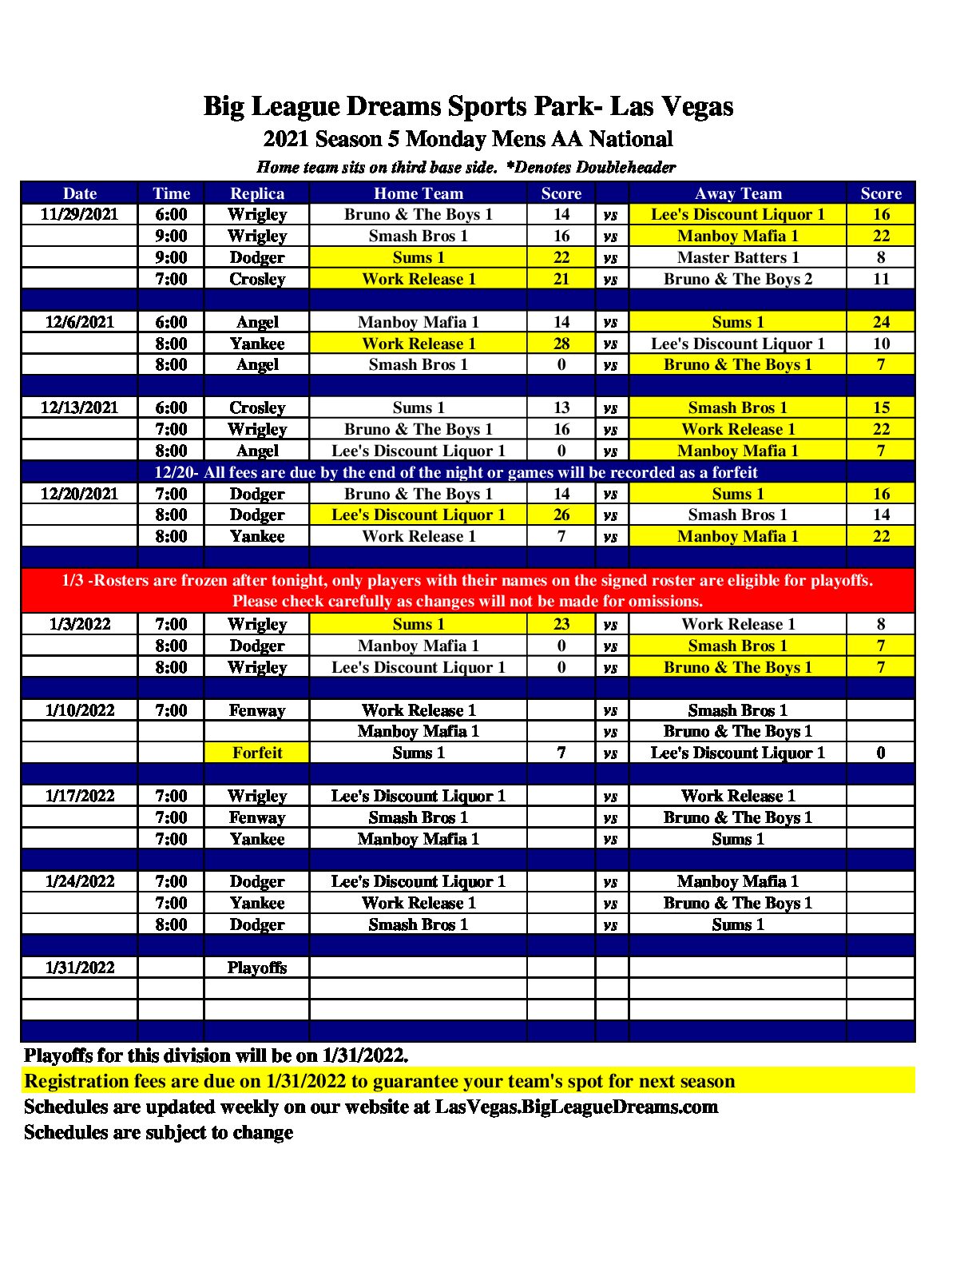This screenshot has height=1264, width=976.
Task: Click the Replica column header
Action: coord(256,193)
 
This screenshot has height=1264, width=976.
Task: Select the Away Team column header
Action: coord(737,193)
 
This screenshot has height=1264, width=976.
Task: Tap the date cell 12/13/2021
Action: coord(79,407)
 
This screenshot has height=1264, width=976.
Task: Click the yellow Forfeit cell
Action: coord(256,753)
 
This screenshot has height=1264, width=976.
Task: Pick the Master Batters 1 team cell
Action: coord(737,257)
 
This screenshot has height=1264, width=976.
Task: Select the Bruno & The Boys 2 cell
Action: coord(737,279)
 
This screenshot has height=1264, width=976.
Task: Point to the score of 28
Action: coord(561,344)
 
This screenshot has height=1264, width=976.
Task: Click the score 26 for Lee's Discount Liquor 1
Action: coord(561,515)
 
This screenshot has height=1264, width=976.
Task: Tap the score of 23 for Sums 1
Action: coord(561,624)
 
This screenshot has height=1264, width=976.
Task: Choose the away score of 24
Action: coord(880,322)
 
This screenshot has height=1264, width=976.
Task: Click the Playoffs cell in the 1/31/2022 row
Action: coord(256,968)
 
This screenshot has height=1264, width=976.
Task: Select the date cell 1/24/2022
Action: coord(79,881)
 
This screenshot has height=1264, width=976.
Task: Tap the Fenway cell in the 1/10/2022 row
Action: coord(256,710)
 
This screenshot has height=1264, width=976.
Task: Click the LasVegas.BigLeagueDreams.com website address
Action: coord(576,1107)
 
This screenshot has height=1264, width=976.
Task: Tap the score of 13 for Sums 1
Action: coord(561,407)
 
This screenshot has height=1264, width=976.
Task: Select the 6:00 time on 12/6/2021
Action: coord(171,322)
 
